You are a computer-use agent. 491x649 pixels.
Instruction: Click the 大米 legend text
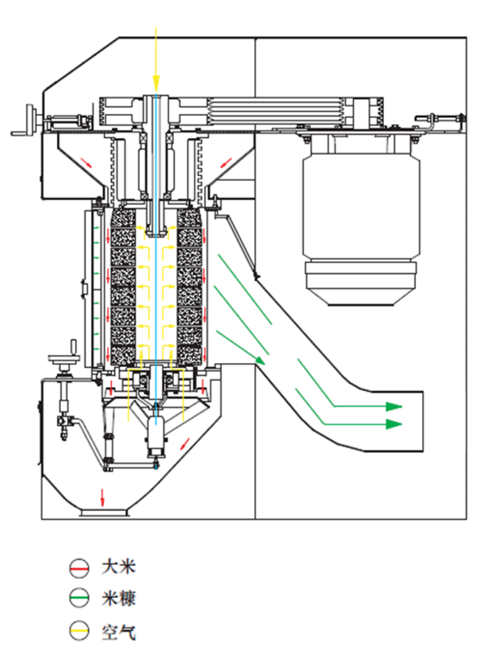point(119,567)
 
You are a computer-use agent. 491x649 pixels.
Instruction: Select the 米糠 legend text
point(119,598)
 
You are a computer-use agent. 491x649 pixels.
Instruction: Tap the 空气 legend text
point(119,632)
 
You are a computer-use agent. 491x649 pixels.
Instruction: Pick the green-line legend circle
point(78,598)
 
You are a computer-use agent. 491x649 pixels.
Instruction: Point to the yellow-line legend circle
point(78,631)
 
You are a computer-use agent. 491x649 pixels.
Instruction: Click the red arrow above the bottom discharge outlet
point(102,497)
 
